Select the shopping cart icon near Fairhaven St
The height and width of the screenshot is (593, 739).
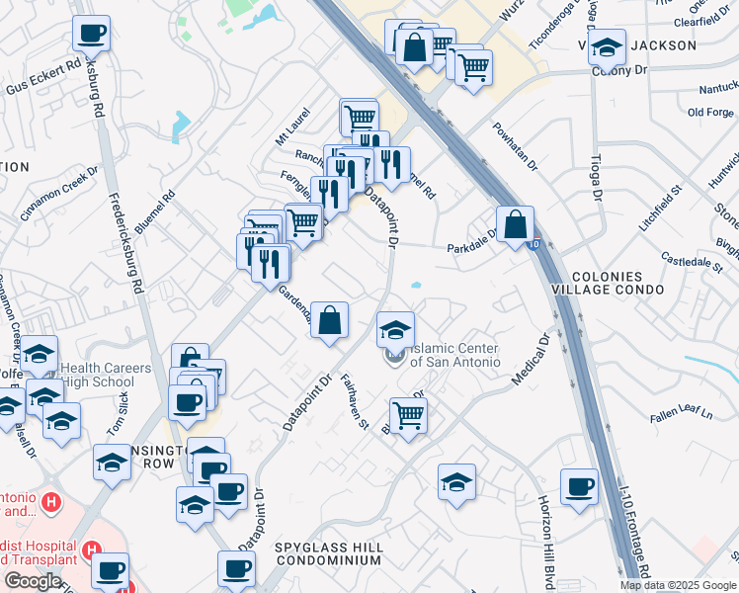tap(407, 416)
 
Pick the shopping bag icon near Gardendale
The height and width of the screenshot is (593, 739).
tap(330, 321)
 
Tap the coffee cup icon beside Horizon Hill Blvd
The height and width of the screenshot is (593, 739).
tap(579, 486)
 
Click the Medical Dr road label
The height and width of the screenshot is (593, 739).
tap(531, 362)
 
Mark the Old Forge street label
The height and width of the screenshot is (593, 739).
tap(709, 113)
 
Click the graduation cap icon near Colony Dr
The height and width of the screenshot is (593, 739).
tap(607, 45)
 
